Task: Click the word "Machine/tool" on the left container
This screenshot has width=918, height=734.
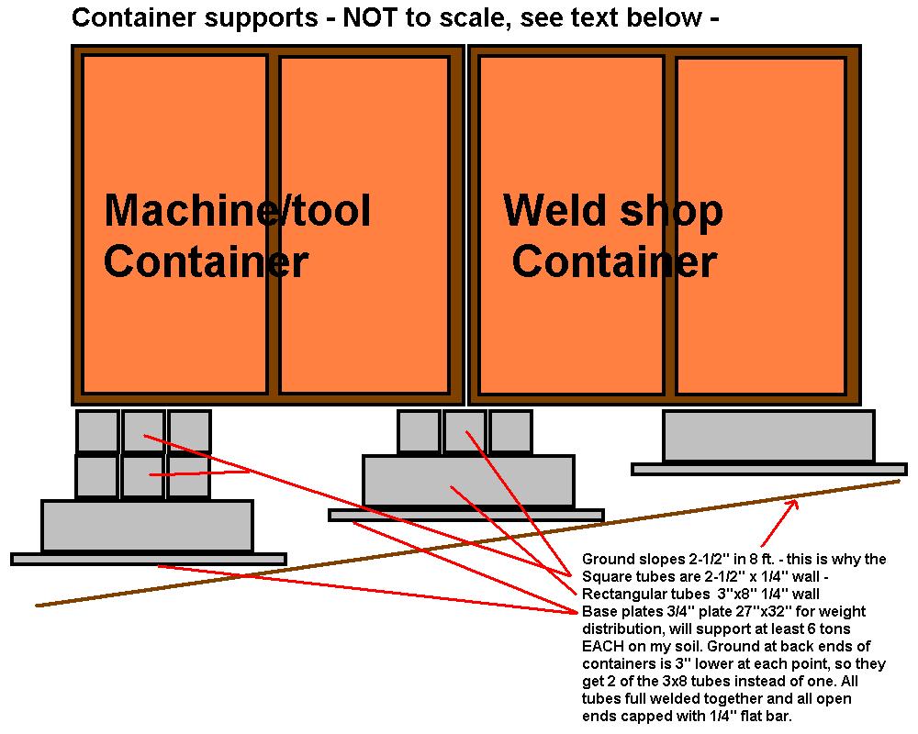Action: click(237, 211)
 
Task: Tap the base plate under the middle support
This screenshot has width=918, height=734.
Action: click(466, 515)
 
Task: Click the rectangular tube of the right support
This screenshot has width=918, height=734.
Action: click(768, 436)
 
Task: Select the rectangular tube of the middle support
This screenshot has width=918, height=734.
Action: click(468, 481)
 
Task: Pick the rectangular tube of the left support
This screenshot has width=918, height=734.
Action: click(147, 526)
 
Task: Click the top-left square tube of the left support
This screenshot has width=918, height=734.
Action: click(97, 431)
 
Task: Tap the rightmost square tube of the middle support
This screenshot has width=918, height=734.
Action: click(510, 431)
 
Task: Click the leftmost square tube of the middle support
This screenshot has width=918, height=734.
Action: click(419, 431)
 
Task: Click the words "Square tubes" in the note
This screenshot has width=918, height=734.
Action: click(625, 576)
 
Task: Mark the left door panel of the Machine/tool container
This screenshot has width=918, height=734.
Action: click(174, 224)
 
